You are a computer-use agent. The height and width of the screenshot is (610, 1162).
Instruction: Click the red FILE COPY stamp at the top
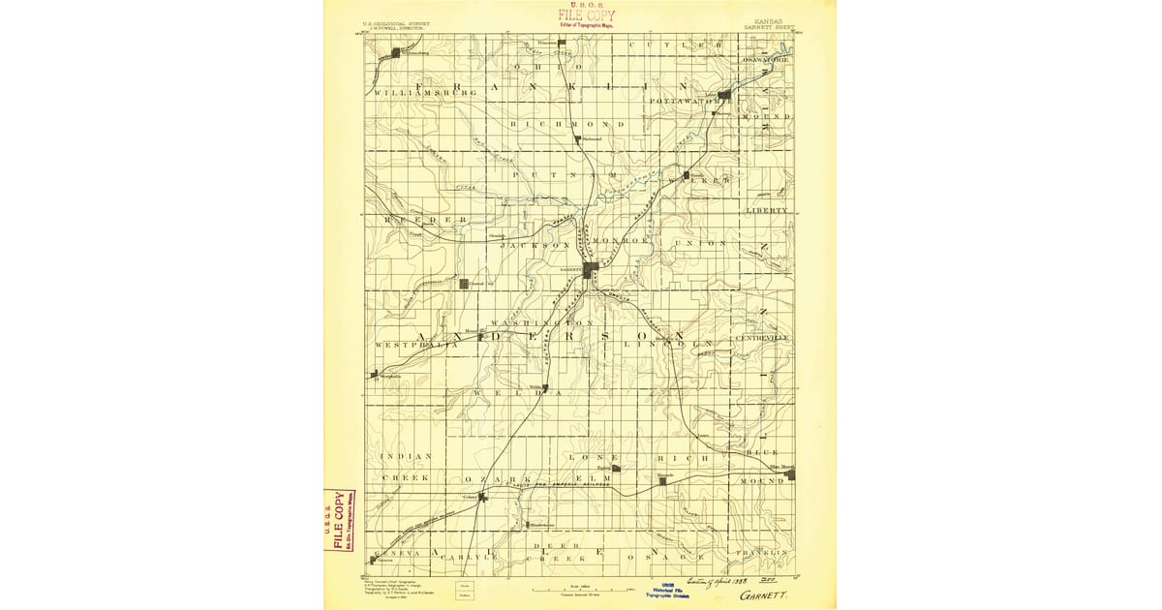(586, 16)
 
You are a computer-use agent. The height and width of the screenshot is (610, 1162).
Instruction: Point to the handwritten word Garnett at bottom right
(763, 596)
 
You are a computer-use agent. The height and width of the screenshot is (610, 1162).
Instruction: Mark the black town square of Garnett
(588, 268)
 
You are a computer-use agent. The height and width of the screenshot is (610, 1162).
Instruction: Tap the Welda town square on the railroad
(545, 389)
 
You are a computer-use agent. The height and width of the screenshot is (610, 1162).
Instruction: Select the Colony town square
(481, 497)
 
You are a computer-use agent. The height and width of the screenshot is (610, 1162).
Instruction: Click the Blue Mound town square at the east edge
(790, 473)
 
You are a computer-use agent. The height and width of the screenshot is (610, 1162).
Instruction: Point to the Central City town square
(464, 284)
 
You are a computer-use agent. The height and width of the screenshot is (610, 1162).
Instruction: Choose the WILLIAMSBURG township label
(425, 92)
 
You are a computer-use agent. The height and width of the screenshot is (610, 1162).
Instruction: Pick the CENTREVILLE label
(763, 337)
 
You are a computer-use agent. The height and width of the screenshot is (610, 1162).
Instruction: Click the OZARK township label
(499, 478)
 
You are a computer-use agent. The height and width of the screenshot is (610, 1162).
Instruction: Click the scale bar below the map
(581, 587)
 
